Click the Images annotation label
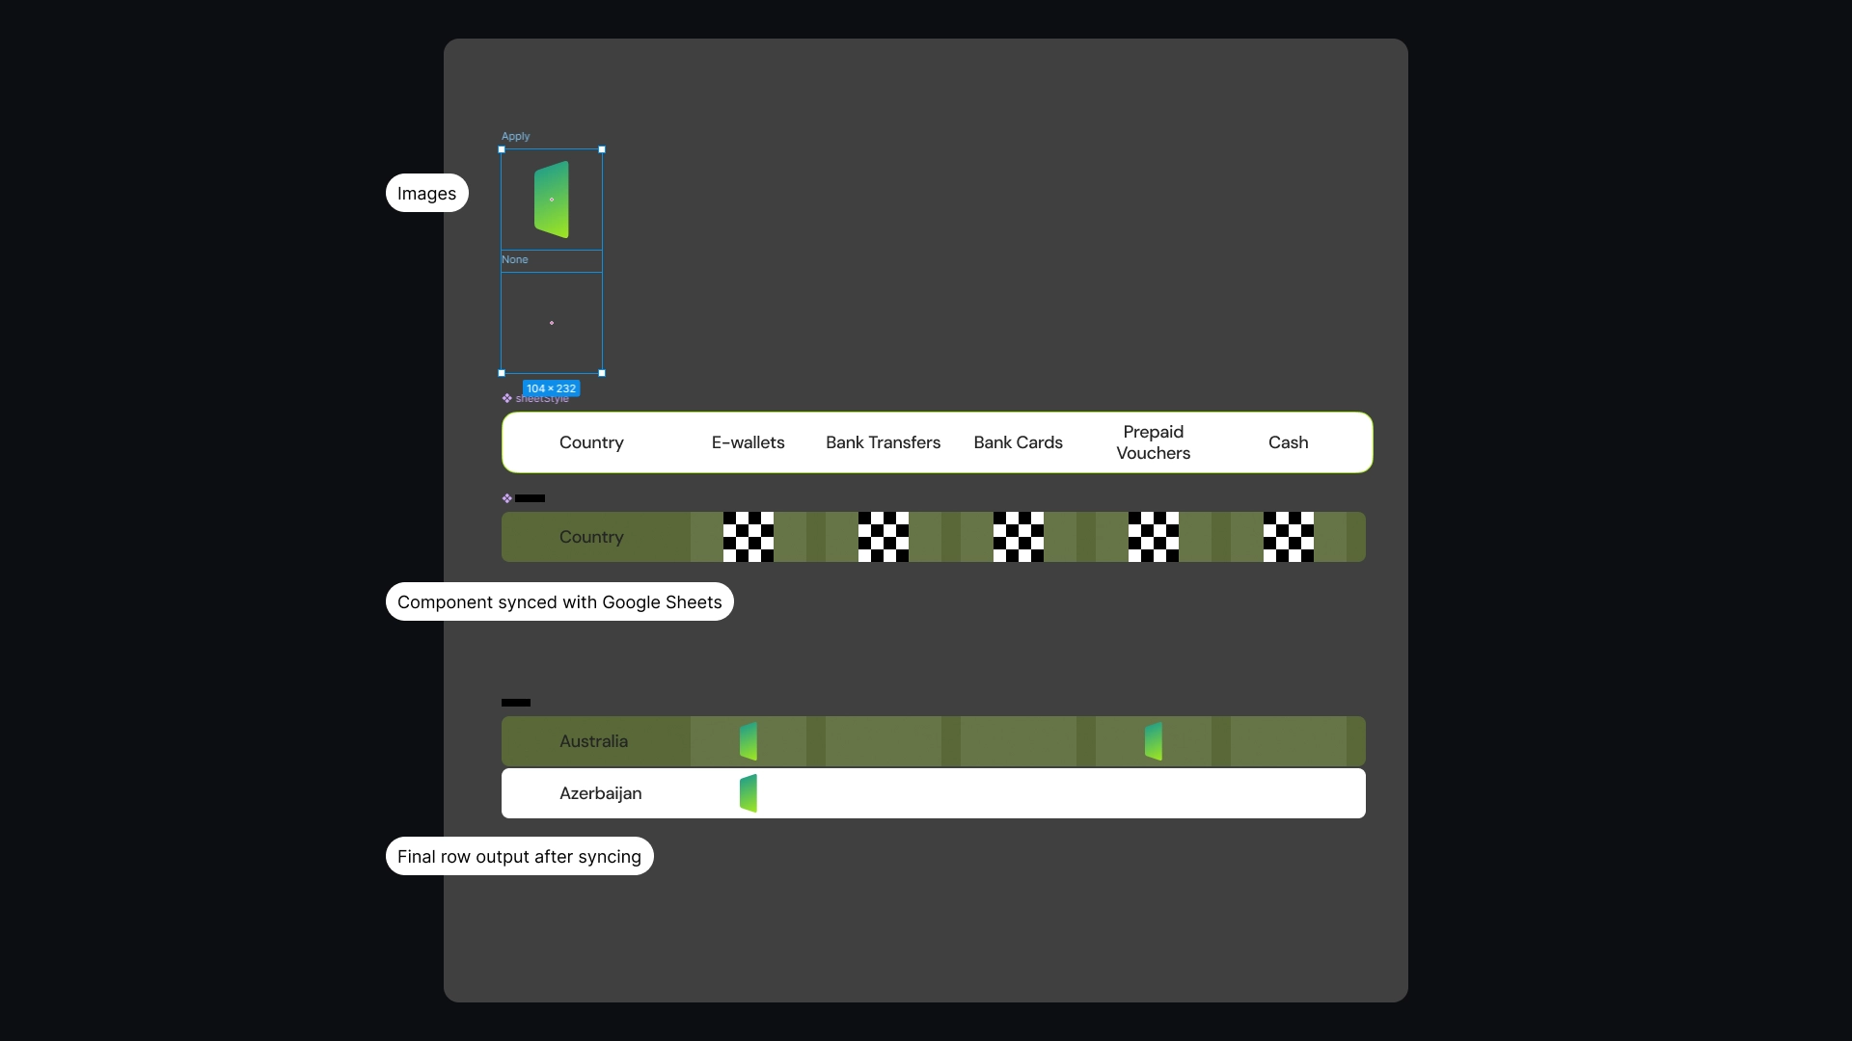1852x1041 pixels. point(426,193)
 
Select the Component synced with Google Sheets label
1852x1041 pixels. point(559,601)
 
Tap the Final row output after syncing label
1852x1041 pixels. point(519,856)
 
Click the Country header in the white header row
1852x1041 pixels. point(591,442)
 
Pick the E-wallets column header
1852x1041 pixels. point(748,442)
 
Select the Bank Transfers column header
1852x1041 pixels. point(883,442)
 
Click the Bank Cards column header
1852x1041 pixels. point(1018,442)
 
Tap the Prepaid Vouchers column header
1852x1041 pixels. point(1153,442)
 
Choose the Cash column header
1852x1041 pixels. point(1288,442)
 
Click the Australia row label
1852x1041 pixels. point(593,741)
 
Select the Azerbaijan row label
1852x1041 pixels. point(600,793)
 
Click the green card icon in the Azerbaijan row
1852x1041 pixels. point(748,793)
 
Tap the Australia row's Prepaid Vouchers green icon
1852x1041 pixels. point(1153,741)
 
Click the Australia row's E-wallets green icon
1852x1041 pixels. point(748,741)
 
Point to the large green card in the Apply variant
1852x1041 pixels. point(552,200)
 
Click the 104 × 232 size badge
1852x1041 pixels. point(551,388)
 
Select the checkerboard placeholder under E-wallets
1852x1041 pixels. point(748,537)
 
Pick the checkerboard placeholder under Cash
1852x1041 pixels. point(1288,537)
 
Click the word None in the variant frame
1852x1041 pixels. point(514,259)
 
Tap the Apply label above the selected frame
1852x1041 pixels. point(515,136)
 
